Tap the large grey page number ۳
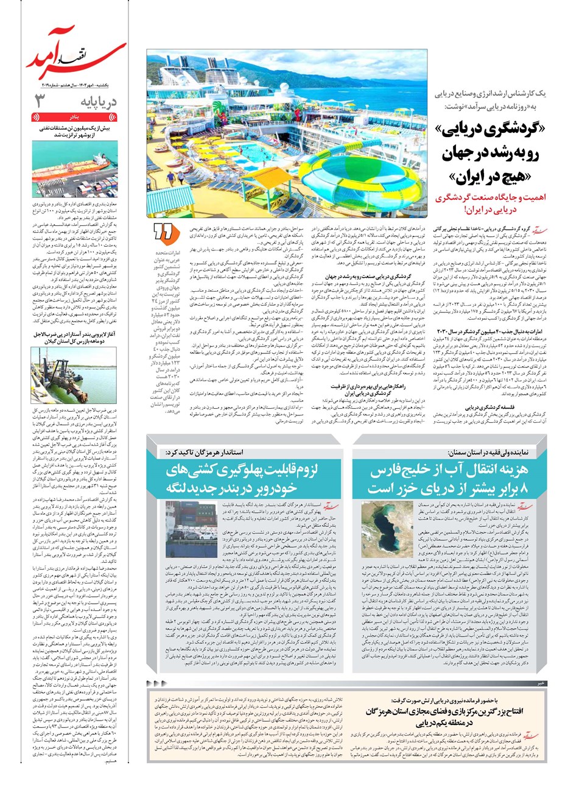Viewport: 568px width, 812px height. [x=40, y=100]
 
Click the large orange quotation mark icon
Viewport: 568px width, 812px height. [x=163, y=233]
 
